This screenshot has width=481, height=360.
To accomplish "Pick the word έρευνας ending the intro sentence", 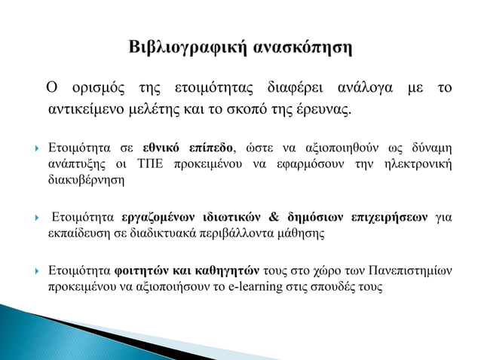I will pos(327,111).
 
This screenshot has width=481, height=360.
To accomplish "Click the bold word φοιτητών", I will pos(139,271).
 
